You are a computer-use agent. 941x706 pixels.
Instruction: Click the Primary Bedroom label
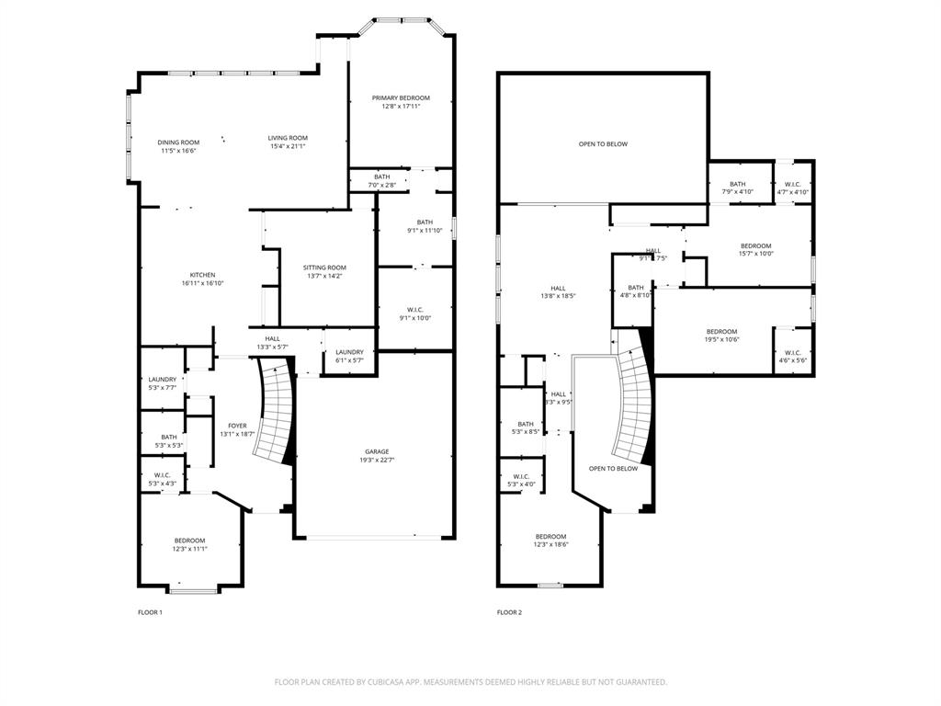[401, 98]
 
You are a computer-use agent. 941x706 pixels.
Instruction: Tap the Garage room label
[377, 451]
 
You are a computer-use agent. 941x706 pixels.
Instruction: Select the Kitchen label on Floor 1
[202, 275]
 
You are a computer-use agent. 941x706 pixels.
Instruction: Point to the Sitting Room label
[325, 268]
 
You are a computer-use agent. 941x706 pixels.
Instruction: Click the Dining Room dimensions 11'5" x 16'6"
[179, 150]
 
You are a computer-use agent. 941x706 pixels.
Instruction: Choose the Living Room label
[288, 138]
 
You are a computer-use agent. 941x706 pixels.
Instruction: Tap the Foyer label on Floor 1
[237, 426]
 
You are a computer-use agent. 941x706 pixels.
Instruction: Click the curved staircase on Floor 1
[273, 414]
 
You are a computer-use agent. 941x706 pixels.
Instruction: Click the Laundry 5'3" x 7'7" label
[163, 379]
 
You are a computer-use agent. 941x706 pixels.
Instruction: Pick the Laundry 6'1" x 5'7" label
[349, 352]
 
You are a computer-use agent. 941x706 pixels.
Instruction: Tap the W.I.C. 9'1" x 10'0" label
[414, 309]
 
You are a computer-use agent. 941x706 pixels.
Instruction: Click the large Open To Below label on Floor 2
[603, 144]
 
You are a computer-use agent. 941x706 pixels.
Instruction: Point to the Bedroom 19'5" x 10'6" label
[721, 332]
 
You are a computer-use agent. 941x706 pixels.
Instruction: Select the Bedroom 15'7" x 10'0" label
[756, 245]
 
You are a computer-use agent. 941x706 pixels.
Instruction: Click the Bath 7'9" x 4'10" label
[738, 184]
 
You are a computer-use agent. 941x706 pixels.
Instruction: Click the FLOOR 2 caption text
[509, 612]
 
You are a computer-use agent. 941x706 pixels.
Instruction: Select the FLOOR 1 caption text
[150, 612]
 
